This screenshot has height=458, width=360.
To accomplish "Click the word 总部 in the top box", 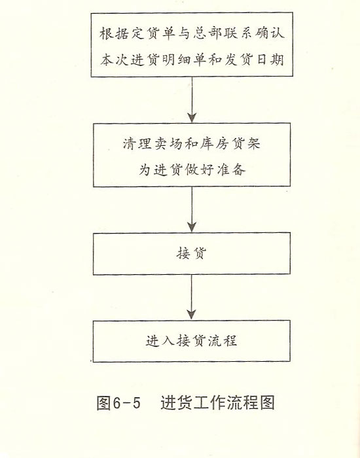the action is click(207, 33).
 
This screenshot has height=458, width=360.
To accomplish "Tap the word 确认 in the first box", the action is click(270, 33).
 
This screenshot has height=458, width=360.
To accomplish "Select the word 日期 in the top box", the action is click(270, 60).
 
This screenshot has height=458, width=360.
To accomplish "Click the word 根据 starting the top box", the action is click(115, 33).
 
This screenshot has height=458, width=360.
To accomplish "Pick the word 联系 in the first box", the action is click(239, 33).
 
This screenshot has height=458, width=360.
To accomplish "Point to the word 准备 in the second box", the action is click(231, 169).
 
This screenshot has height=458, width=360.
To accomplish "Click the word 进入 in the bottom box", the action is click(160, 341).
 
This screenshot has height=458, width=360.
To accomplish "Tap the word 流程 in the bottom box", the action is click(223, 341).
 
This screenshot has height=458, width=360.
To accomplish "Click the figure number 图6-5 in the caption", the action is click(118, 403).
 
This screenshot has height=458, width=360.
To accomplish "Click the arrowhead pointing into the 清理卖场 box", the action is click(192, 117).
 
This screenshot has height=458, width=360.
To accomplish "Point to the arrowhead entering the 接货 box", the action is click(192, 227).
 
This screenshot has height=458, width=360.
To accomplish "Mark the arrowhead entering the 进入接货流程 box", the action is click(192, 315).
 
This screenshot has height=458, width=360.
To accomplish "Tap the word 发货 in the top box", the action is click(239, 60).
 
